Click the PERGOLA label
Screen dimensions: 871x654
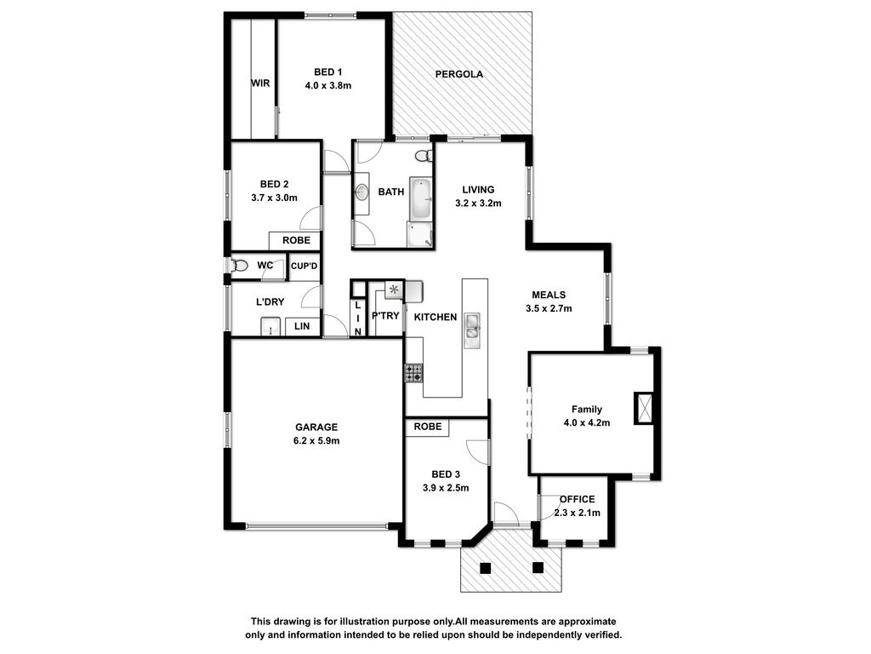click(x=458, y=74)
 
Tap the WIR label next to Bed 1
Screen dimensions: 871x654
click(x=260, y=83)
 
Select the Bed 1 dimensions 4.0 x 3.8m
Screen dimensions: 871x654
click(x=328, y=86)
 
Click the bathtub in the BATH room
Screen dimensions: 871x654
click(x=420, y=198)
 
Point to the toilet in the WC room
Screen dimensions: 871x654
click(x=239, y=266)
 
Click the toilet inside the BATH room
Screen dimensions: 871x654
click(x=424, y=155)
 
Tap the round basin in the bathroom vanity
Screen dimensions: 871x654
click(x=361, y=192)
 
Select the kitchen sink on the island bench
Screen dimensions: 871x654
click(x=472, y=326)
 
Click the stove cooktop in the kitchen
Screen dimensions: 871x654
click(x=413, y=373)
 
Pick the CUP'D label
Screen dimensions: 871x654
click(x=304, y=266)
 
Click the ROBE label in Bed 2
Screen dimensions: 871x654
click(x=297, y=240)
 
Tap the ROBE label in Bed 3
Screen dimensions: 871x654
click(x=428, y=427)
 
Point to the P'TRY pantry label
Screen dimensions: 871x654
click(x=385, y=315)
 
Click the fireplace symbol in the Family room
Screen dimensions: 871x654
click(x=644, y=409)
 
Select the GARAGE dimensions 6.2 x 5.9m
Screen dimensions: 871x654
click(x=316, y=441)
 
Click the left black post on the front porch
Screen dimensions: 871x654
click(x=486, y=568)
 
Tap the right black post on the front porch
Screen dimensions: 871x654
click(x=538, y=568)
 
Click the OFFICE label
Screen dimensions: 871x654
click(x=578, y=499)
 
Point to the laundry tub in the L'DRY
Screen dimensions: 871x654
click(x=270, y=326)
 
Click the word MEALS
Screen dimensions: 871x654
click(x=549, y=295)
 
